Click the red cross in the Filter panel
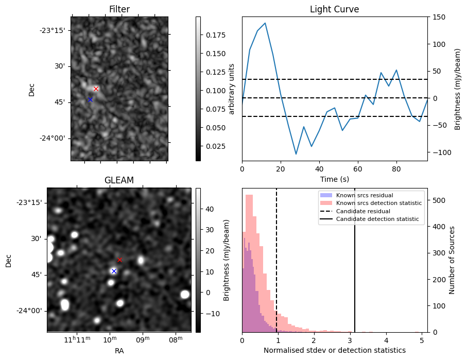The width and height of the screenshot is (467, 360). pos(96,89)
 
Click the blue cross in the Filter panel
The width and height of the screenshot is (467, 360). pos(90,99)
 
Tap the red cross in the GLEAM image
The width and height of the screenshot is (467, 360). pos(119,260)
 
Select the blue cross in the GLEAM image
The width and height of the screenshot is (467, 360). pos(114,271)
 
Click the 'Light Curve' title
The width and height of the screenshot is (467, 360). pos(334,9)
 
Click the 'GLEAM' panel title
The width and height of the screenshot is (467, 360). pos(119,180)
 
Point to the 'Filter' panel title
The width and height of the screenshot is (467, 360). pos(119,9)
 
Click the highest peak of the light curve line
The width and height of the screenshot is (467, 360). pos(265,23)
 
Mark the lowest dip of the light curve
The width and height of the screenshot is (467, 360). pos(296,154)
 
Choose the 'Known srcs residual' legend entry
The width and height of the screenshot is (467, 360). pos(365,195)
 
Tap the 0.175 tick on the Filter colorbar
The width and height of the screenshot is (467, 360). pos(213,35)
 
